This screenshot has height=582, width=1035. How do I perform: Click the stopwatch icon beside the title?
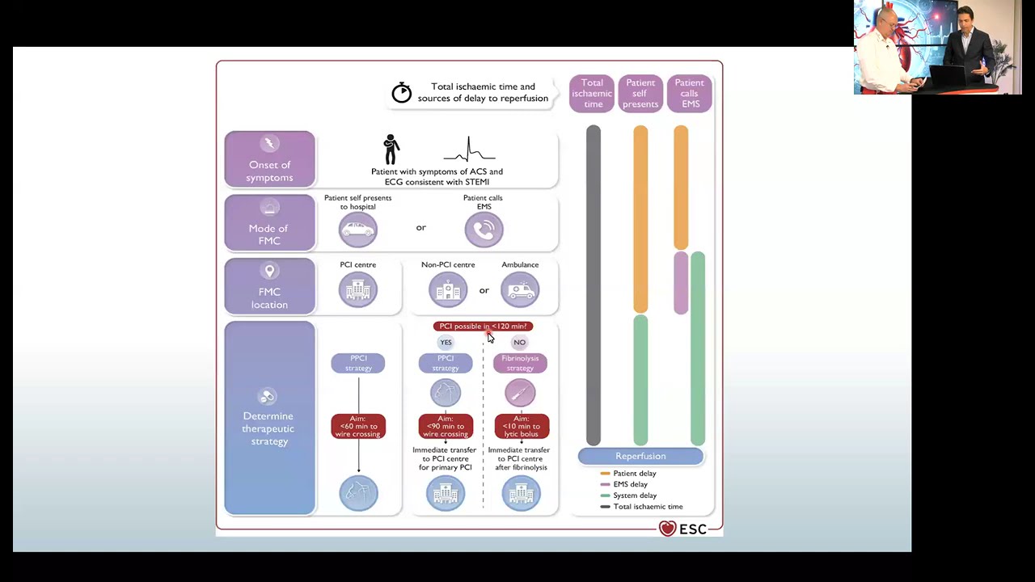coord(401,92)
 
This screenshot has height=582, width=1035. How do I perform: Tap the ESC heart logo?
coord(667,529)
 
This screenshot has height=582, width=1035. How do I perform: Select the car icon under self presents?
coord(357,230)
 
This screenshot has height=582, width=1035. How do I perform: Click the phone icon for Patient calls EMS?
coord(484,230)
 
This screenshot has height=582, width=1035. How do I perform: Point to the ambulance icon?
coord(520,290)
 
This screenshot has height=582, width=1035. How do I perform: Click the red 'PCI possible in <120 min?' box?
coord(483,327)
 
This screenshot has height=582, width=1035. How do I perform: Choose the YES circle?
coord(446,342)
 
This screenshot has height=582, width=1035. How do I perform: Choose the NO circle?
coord(519,342)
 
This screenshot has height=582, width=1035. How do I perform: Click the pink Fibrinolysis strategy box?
coord(520,363)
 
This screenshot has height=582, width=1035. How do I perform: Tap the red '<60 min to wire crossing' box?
coord(358,426)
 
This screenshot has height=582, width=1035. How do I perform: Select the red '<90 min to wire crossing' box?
coord(446,426)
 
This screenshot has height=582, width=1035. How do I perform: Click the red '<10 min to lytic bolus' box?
coord(521,426)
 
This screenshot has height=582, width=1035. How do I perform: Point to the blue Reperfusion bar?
coord(640,457)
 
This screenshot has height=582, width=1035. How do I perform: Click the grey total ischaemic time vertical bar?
coord(594,283)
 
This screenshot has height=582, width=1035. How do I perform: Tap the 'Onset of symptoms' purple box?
coord(269,159)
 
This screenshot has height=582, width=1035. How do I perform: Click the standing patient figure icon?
coord(391,150)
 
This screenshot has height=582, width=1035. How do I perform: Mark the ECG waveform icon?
coord(469,150)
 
